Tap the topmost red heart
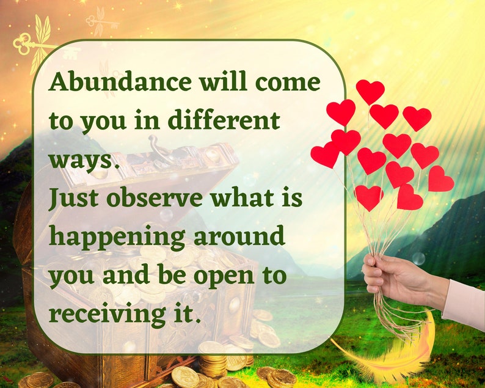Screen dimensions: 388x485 point(370,91)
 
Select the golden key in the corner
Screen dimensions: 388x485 point(31,43)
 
